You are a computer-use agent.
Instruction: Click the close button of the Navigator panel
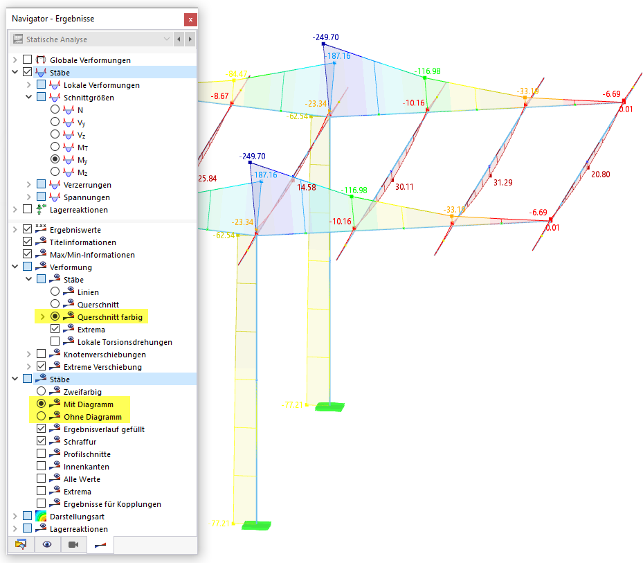[190, 18]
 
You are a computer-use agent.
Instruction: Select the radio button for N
[55, 110]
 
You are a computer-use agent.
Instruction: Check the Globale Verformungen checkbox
[28, 60]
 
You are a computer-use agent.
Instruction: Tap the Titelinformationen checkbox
[28, 242]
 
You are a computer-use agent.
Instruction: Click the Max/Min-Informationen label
[92, 255]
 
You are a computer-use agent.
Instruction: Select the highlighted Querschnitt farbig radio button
[55, 317]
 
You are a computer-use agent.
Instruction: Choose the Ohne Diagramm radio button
[42, 417]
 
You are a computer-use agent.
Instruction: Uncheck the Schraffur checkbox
[42, 442]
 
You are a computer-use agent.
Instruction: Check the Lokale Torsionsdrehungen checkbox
[55, 342]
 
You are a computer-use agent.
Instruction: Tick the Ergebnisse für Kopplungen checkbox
[42, 504]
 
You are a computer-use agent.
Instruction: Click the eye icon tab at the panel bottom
[47, 545]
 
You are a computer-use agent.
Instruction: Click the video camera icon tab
[73, 545]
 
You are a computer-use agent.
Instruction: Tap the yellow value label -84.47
[237, 74]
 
